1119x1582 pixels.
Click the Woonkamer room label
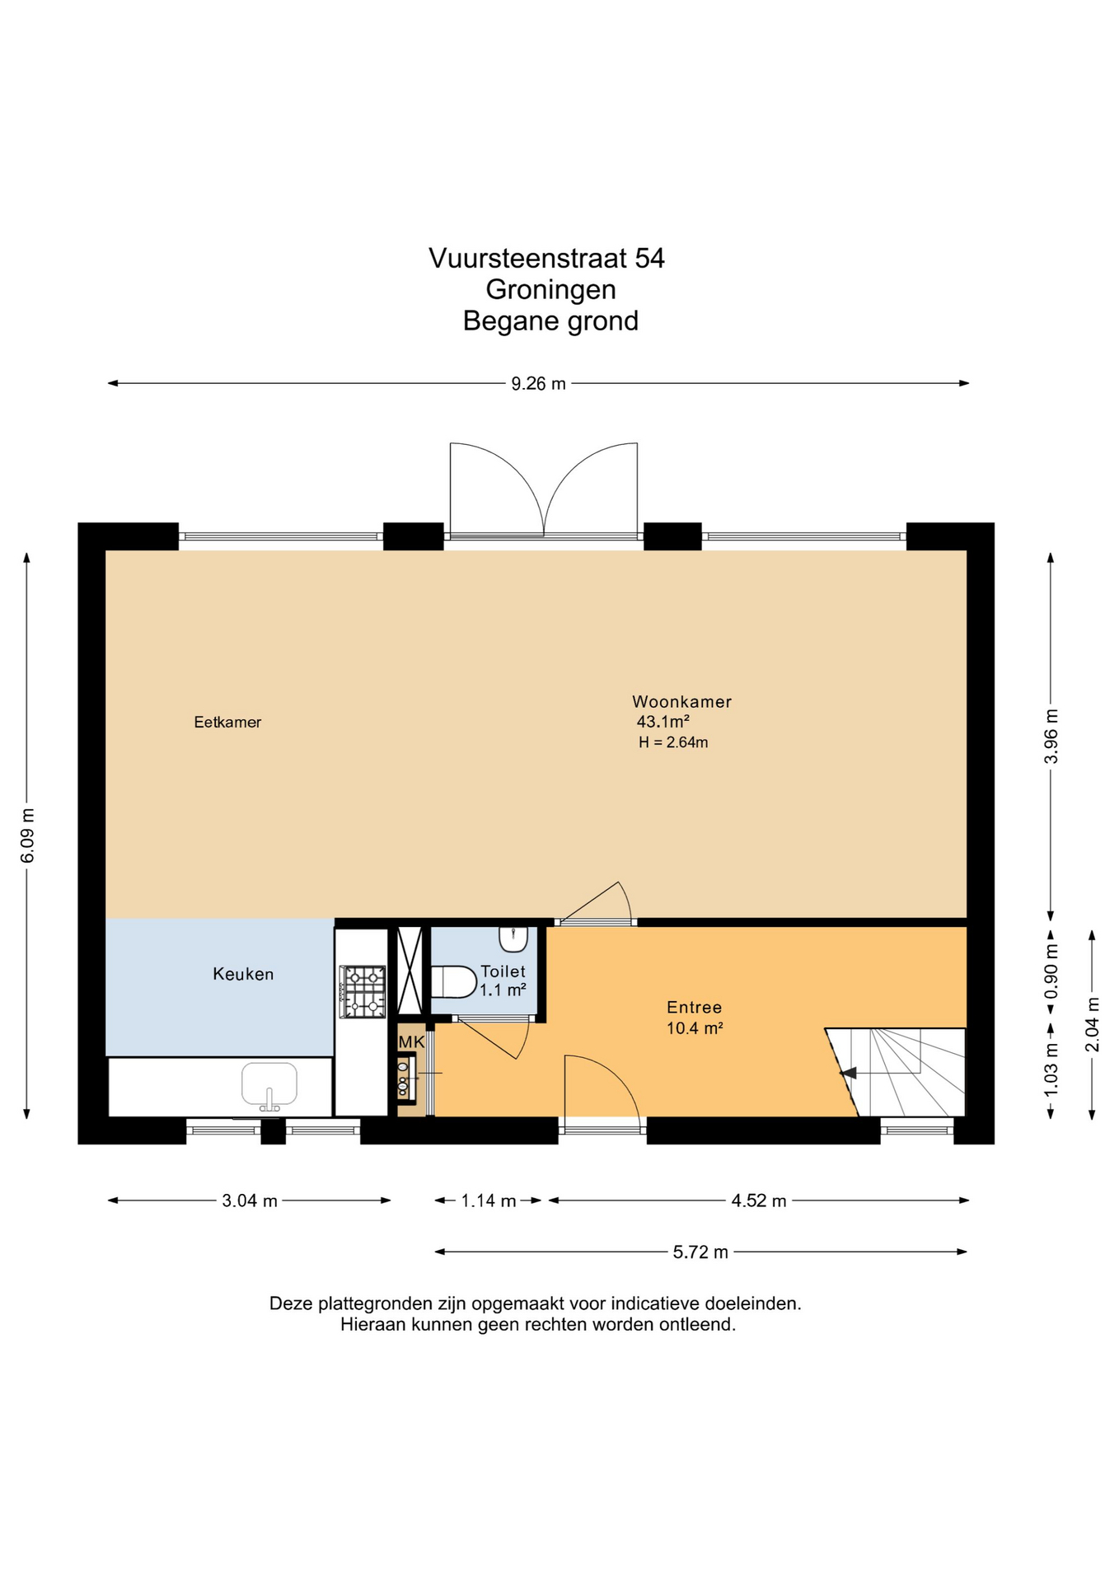[681, 702]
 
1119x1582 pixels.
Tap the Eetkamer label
[227, 723]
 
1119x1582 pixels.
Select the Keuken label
[243, 974]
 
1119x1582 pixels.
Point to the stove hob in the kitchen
[363, 991]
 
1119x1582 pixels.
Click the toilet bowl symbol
[454, 981]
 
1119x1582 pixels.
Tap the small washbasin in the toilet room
[513, 938]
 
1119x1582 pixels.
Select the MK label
[411, 1042]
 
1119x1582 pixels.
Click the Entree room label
[695, 1007]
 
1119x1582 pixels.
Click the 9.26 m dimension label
[539, 383]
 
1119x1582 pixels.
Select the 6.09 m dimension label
[27, 835]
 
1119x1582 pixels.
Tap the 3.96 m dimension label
[1051, 736]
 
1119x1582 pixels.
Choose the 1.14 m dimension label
[489, 1201]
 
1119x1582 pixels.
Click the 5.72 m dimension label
[700, 1252]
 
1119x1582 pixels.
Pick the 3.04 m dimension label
[250, 1201]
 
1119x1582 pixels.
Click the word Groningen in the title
[550, 290]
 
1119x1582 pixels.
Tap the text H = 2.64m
[673, 742]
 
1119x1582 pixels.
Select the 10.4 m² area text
[695, 1027]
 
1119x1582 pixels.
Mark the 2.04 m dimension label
[1092, 1024]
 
